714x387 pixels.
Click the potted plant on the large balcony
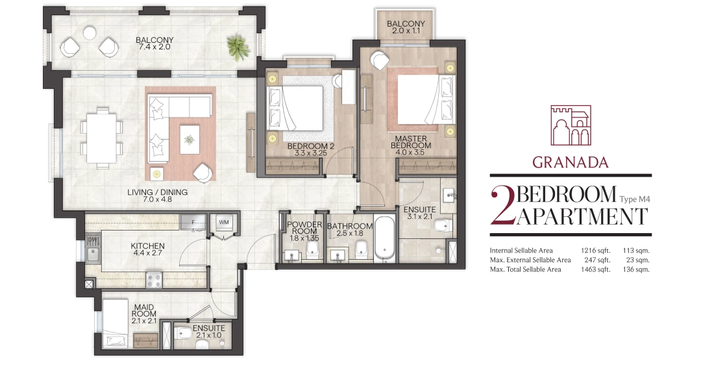click(x=238, y=47)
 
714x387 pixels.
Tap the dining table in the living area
click(x=102, y=138)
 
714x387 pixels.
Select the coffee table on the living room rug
click(x=189, y=139)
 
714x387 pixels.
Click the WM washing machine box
click(x=223, y=223)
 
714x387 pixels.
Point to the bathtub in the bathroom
click(x=385, y=238)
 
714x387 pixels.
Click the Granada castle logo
click(x=571, y=125)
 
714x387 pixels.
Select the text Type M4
click(x=635, y=199)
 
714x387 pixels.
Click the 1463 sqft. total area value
click(x=595, y=269)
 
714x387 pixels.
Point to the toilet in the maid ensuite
click(x=184, y=333)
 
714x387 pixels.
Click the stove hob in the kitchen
click(x=154, y=279)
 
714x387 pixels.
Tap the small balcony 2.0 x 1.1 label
click(x=406, y=27)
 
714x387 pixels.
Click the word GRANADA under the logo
click(x=570, y=162)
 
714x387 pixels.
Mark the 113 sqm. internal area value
click(x=636, y=251)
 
